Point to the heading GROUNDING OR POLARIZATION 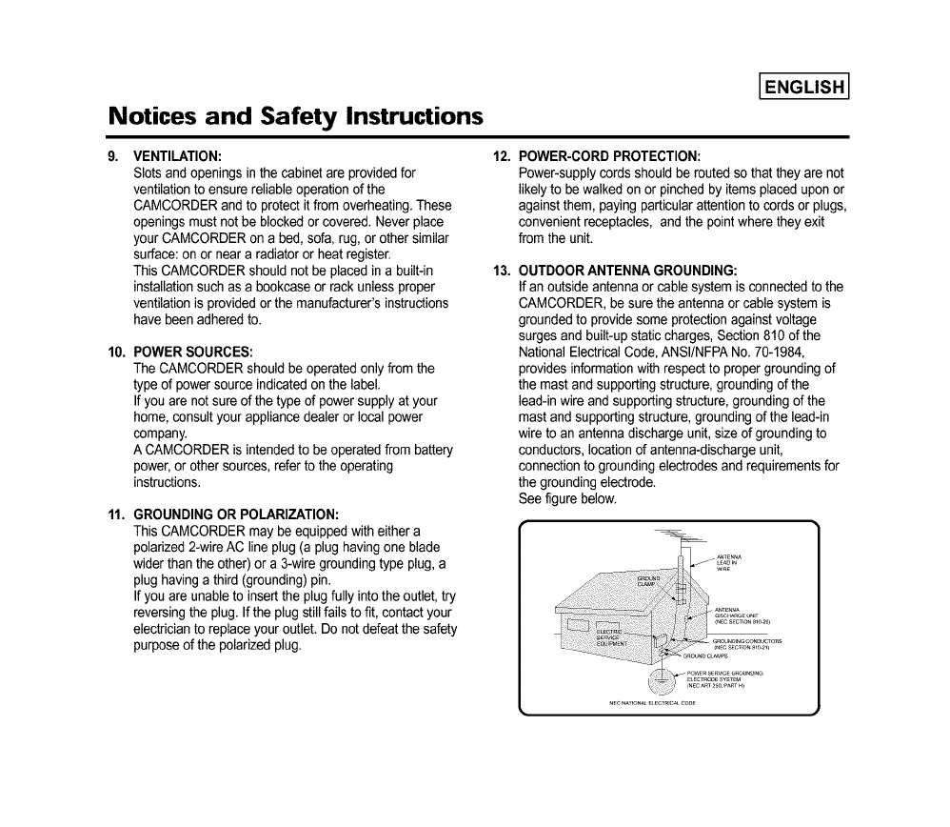(x=236, y=513)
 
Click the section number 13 (x=501, y=270)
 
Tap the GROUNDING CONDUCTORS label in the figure (x=747, y=644)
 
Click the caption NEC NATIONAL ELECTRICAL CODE (x=652, y=704)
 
